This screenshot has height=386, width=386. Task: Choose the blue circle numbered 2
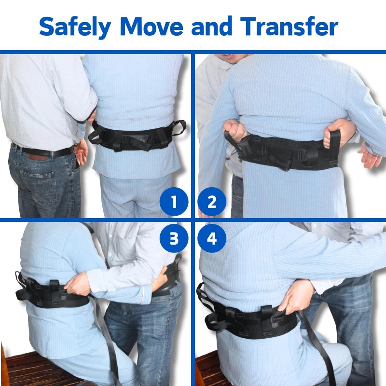click(x=211, y=202)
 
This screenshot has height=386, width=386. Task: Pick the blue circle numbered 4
click(x=211, y=238)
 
